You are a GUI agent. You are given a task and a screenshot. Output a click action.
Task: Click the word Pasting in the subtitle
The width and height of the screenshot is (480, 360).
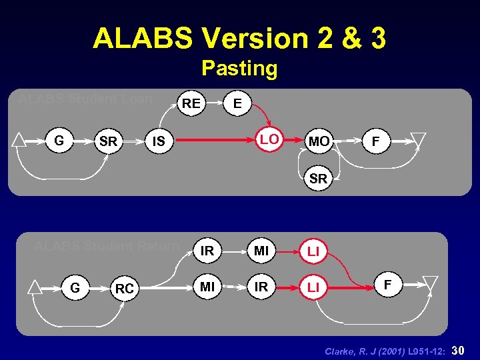pos(239,68)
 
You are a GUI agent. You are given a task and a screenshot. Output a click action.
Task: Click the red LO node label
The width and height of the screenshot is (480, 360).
pos(270,139)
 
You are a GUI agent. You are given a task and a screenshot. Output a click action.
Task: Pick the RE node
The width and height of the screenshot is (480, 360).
pos(191,103)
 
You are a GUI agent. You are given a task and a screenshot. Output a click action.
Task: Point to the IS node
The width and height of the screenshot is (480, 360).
pos(159,141)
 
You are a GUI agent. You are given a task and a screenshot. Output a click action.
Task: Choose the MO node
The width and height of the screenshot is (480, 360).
pos(319,141)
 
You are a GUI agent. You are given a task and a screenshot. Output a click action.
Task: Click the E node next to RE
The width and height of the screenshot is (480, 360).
pos(238,103)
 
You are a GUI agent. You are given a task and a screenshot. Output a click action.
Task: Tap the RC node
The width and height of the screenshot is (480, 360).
pos(124,289)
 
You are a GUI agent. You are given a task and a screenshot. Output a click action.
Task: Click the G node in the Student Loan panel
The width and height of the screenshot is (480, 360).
pos(59,141)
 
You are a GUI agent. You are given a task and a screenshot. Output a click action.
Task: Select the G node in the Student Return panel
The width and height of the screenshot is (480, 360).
pos(75,288)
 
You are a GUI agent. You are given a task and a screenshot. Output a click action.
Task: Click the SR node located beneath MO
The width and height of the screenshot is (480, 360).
pos(319,179)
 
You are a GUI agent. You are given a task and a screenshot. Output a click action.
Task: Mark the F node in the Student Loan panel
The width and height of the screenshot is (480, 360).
pos(376,141)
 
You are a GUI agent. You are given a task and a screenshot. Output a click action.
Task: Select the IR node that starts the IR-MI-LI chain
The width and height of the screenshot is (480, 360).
pos(207,251)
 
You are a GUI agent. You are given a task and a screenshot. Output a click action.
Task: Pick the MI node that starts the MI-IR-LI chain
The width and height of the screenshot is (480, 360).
pos(207,287)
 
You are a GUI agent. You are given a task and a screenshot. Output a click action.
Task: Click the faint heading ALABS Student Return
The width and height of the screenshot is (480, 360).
pos(107,245)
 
